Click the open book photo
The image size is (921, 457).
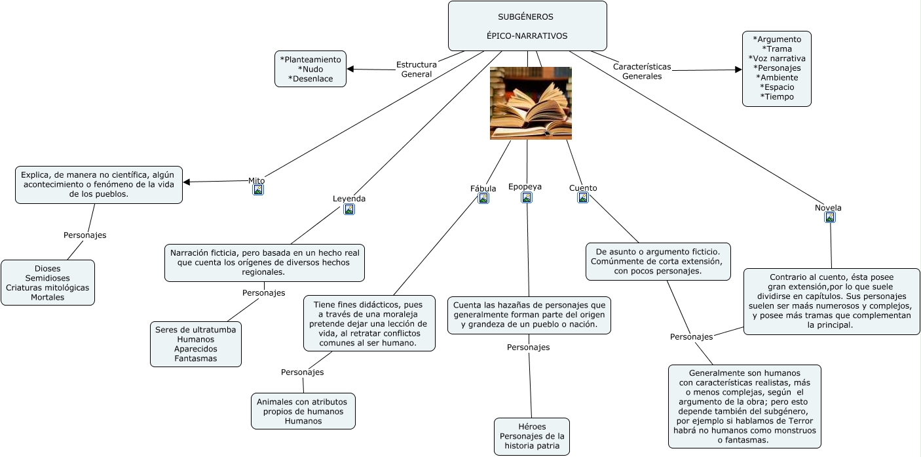(x=531, y=104)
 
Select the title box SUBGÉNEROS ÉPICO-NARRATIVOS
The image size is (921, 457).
(x=527, y=26)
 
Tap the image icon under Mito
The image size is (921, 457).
(x=258, y=189)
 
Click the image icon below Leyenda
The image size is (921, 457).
(x=349, y=209)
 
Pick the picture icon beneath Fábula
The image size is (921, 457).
(x=483, y=199)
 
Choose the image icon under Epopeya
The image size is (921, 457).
(x=527, y=197)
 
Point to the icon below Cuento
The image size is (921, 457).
(x=583, y=197)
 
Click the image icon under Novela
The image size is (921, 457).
(x=830, y=218)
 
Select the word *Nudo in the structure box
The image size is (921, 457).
(x=310, y=69)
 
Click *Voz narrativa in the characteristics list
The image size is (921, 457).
(x=777, y=58)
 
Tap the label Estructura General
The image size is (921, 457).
(x=417, y=69)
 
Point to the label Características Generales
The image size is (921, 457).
(x=642, y=71)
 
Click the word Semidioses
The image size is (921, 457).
(x=48, y=278)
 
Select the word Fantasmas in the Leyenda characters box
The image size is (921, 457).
(x=196, y=358)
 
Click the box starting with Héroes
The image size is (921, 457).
(x=532, y=437)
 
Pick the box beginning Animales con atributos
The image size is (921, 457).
(x=303, y=411)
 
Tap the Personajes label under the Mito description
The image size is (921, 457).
(x=85, y=235)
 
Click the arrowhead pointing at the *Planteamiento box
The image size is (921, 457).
(x=350, y=69)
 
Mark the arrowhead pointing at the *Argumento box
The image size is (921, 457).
(x=738, y=70)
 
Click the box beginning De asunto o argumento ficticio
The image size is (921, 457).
(x=658, y=262)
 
